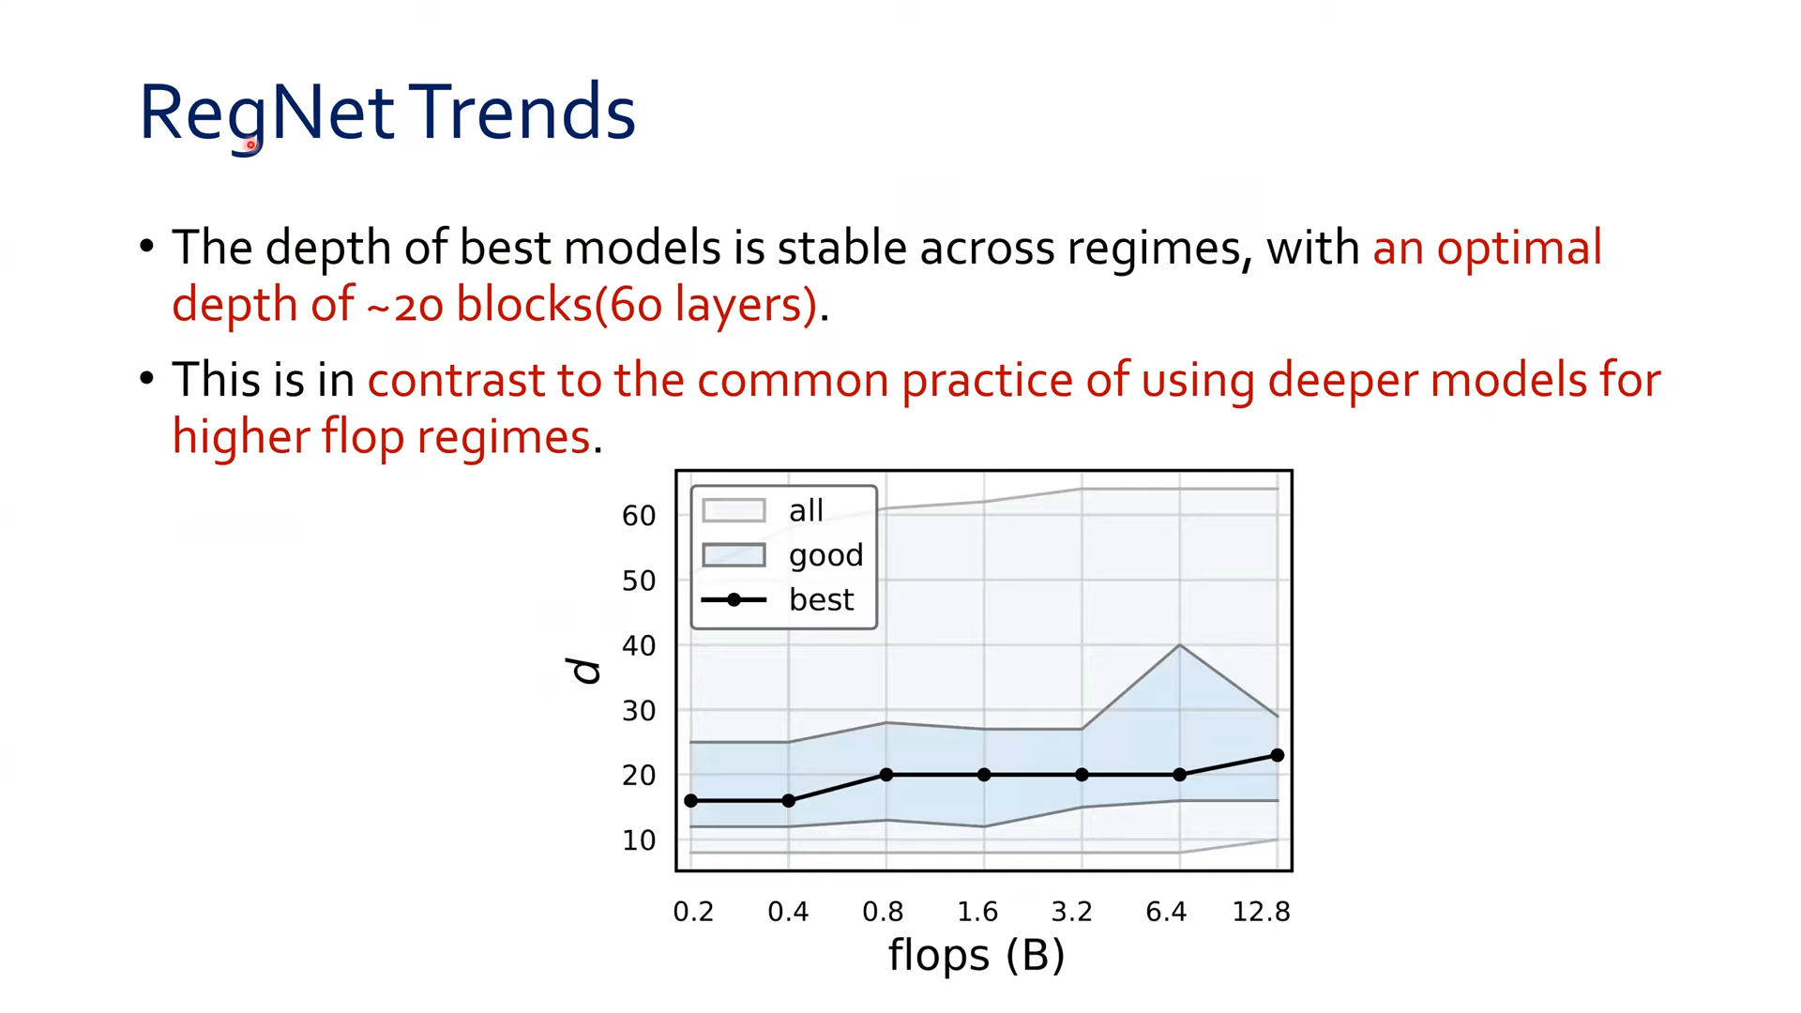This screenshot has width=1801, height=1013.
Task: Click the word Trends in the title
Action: coord(522,112)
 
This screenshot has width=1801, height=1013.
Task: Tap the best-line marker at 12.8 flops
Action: coord(1278,755)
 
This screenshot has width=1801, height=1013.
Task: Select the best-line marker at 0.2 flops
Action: coord(691,801)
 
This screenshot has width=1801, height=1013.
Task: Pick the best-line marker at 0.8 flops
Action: coord(886,775)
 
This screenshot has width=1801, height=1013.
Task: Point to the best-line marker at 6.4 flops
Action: coord(1180,775)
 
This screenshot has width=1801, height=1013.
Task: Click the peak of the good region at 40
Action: coord(1180,645)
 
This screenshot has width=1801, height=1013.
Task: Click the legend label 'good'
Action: coord(825,556)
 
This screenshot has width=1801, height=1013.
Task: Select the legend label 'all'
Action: coord(806,510)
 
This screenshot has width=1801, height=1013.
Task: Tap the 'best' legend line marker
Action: coord(734,600)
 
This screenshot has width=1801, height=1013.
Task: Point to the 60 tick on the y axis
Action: coord(639,516)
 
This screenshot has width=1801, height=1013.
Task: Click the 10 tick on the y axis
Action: coord(639,840)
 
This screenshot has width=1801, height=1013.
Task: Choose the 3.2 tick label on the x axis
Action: coord(1072,912)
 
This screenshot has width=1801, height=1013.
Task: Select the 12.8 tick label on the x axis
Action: coord(1262,912)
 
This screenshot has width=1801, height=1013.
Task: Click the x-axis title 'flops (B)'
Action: coord(976,956)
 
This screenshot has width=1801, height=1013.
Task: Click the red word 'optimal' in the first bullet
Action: coord(1520,249)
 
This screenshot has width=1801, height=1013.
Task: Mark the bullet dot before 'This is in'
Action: coord(146,379)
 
